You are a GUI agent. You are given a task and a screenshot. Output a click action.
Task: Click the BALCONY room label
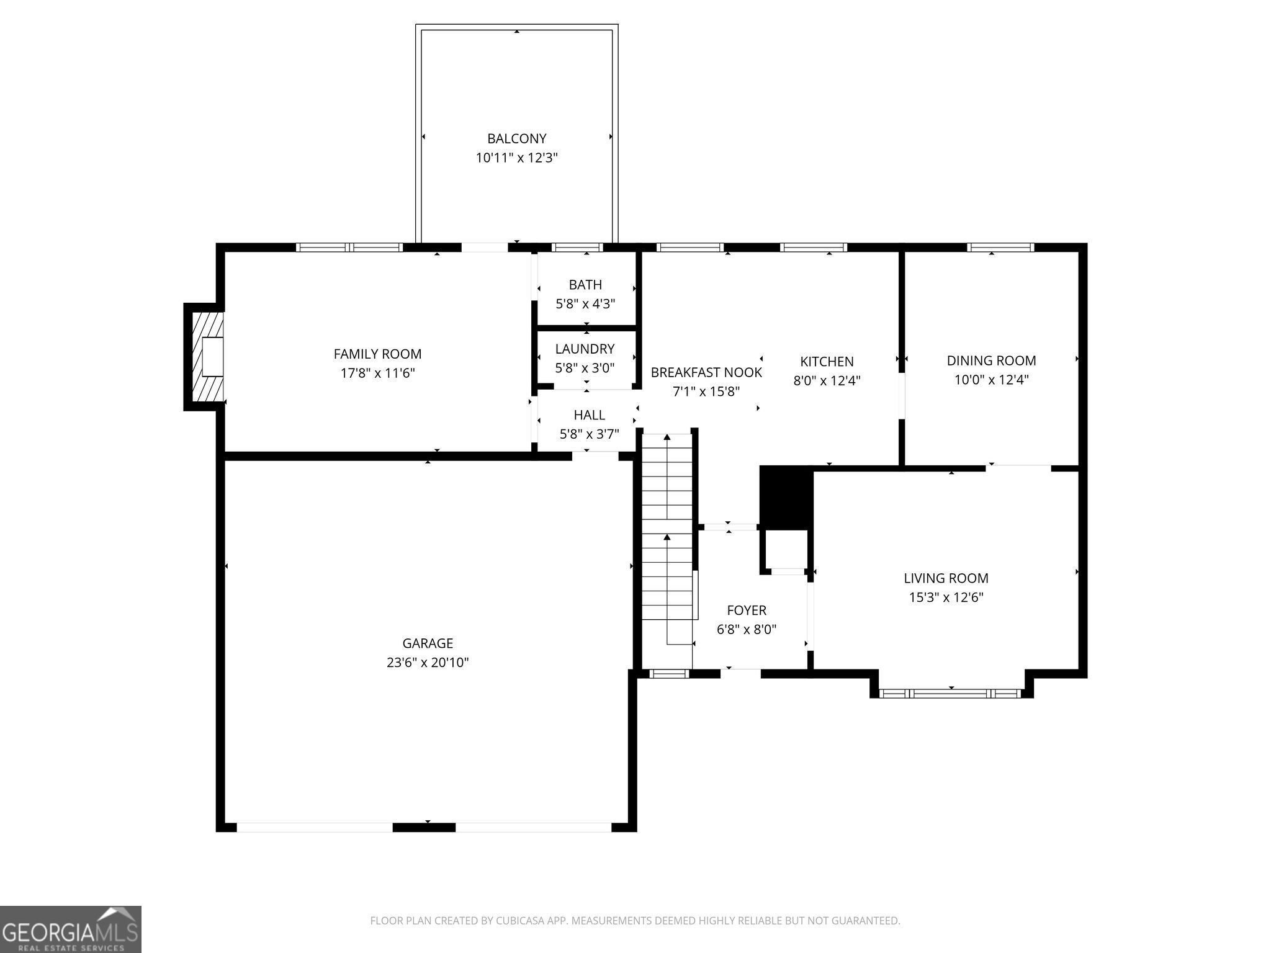pyautogui.click(x=517, y=138)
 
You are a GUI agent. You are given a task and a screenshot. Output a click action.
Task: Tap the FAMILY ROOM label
pyautogui.click(x=377, y=354)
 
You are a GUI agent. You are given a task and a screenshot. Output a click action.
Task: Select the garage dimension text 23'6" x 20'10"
pyautogui.click(x=428, y=663)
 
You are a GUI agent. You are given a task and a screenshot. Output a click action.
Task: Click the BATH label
pyautogui.click(x=585, y=285)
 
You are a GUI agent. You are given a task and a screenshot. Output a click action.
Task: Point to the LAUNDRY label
pyautogui.click(x=585, y=349)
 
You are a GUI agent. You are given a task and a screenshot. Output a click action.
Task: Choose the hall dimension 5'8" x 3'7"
pyautogui.click(x=590, y=434)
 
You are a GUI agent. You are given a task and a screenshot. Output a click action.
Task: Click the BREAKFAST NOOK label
pyautogui.click(x=706, y=372)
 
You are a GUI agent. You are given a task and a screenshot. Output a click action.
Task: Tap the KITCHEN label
pyautogui.click(x=827, y=361)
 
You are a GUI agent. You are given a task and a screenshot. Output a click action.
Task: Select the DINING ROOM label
pyautogui.click(x=991, y=360)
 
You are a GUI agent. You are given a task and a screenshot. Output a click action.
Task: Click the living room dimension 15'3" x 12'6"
pyautogui.click(x=946, y=597)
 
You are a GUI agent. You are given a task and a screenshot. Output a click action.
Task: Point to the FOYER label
pyautogui.click(x=747, y=611)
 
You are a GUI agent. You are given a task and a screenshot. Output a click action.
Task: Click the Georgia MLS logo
pyautogui.click(x=71, y=929)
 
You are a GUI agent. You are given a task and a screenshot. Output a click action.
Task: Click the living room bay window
pyautogui.click(x=951, y=693)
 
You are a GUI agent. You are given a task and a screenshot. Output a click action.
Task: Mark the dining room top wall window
pyautogui.click(x=1000, y=247)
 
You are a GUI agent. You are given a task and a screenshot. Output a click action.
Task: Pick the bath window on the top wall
pyautogui.click(x=577, y=247)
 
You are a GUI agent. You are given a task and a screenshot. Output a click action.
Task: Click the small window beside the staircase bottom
pyautogui.click(x=669, y=674)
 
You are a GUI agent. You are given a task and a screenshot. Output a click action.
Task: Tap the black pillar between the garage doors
pyautogui.click(x=424, y=827)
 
